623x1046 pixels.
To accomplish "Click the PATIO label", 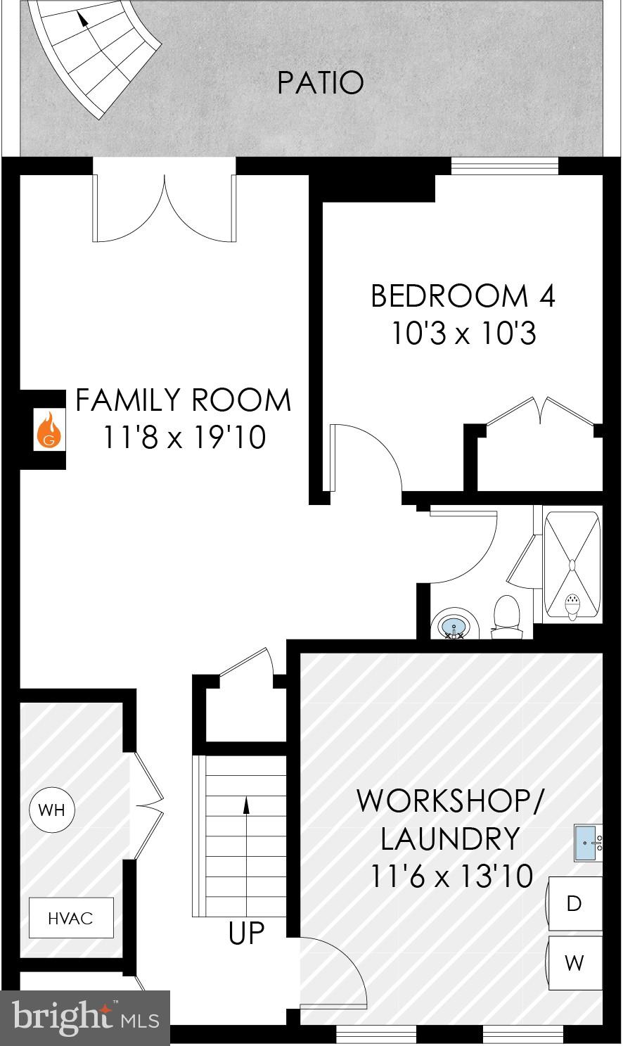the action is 321,82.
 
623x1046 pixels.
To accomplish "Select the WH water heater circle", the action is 52,809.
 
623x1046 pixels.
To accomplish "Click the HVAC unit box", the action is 71,917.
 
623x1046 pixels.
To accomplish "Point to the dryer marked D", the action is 574,904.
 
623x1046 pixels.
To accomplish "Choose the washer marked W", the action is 574,962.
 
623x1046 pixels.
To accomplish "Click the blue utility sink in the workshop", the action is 588,843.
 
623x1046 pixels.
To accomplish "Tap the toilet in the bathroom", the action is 507,617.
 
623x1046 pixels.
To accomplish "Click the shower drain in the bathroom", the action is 572,564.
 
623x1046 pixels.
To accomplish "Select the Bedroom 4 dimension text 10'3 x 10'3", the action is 463,333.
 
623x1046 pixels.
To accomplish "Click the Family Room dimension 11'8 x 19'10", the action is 184,437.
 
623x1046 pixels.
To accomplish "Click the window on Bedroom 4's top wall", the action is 504,166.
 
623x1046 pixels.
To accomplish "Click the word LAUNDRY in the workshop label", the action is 450,838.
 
